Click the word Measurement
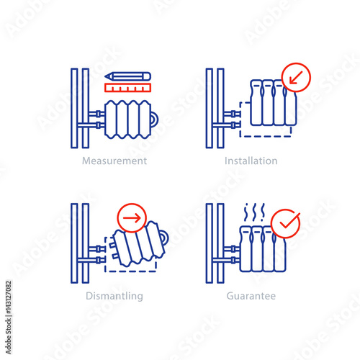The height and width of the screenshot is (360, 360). click(114, 161)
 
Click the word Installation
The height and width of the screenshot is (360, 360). click(251, 161)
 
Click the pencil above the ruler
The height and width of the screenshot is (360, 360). click(127, 76)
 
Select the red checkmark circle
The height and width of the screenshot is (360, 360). click(286, 222)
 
